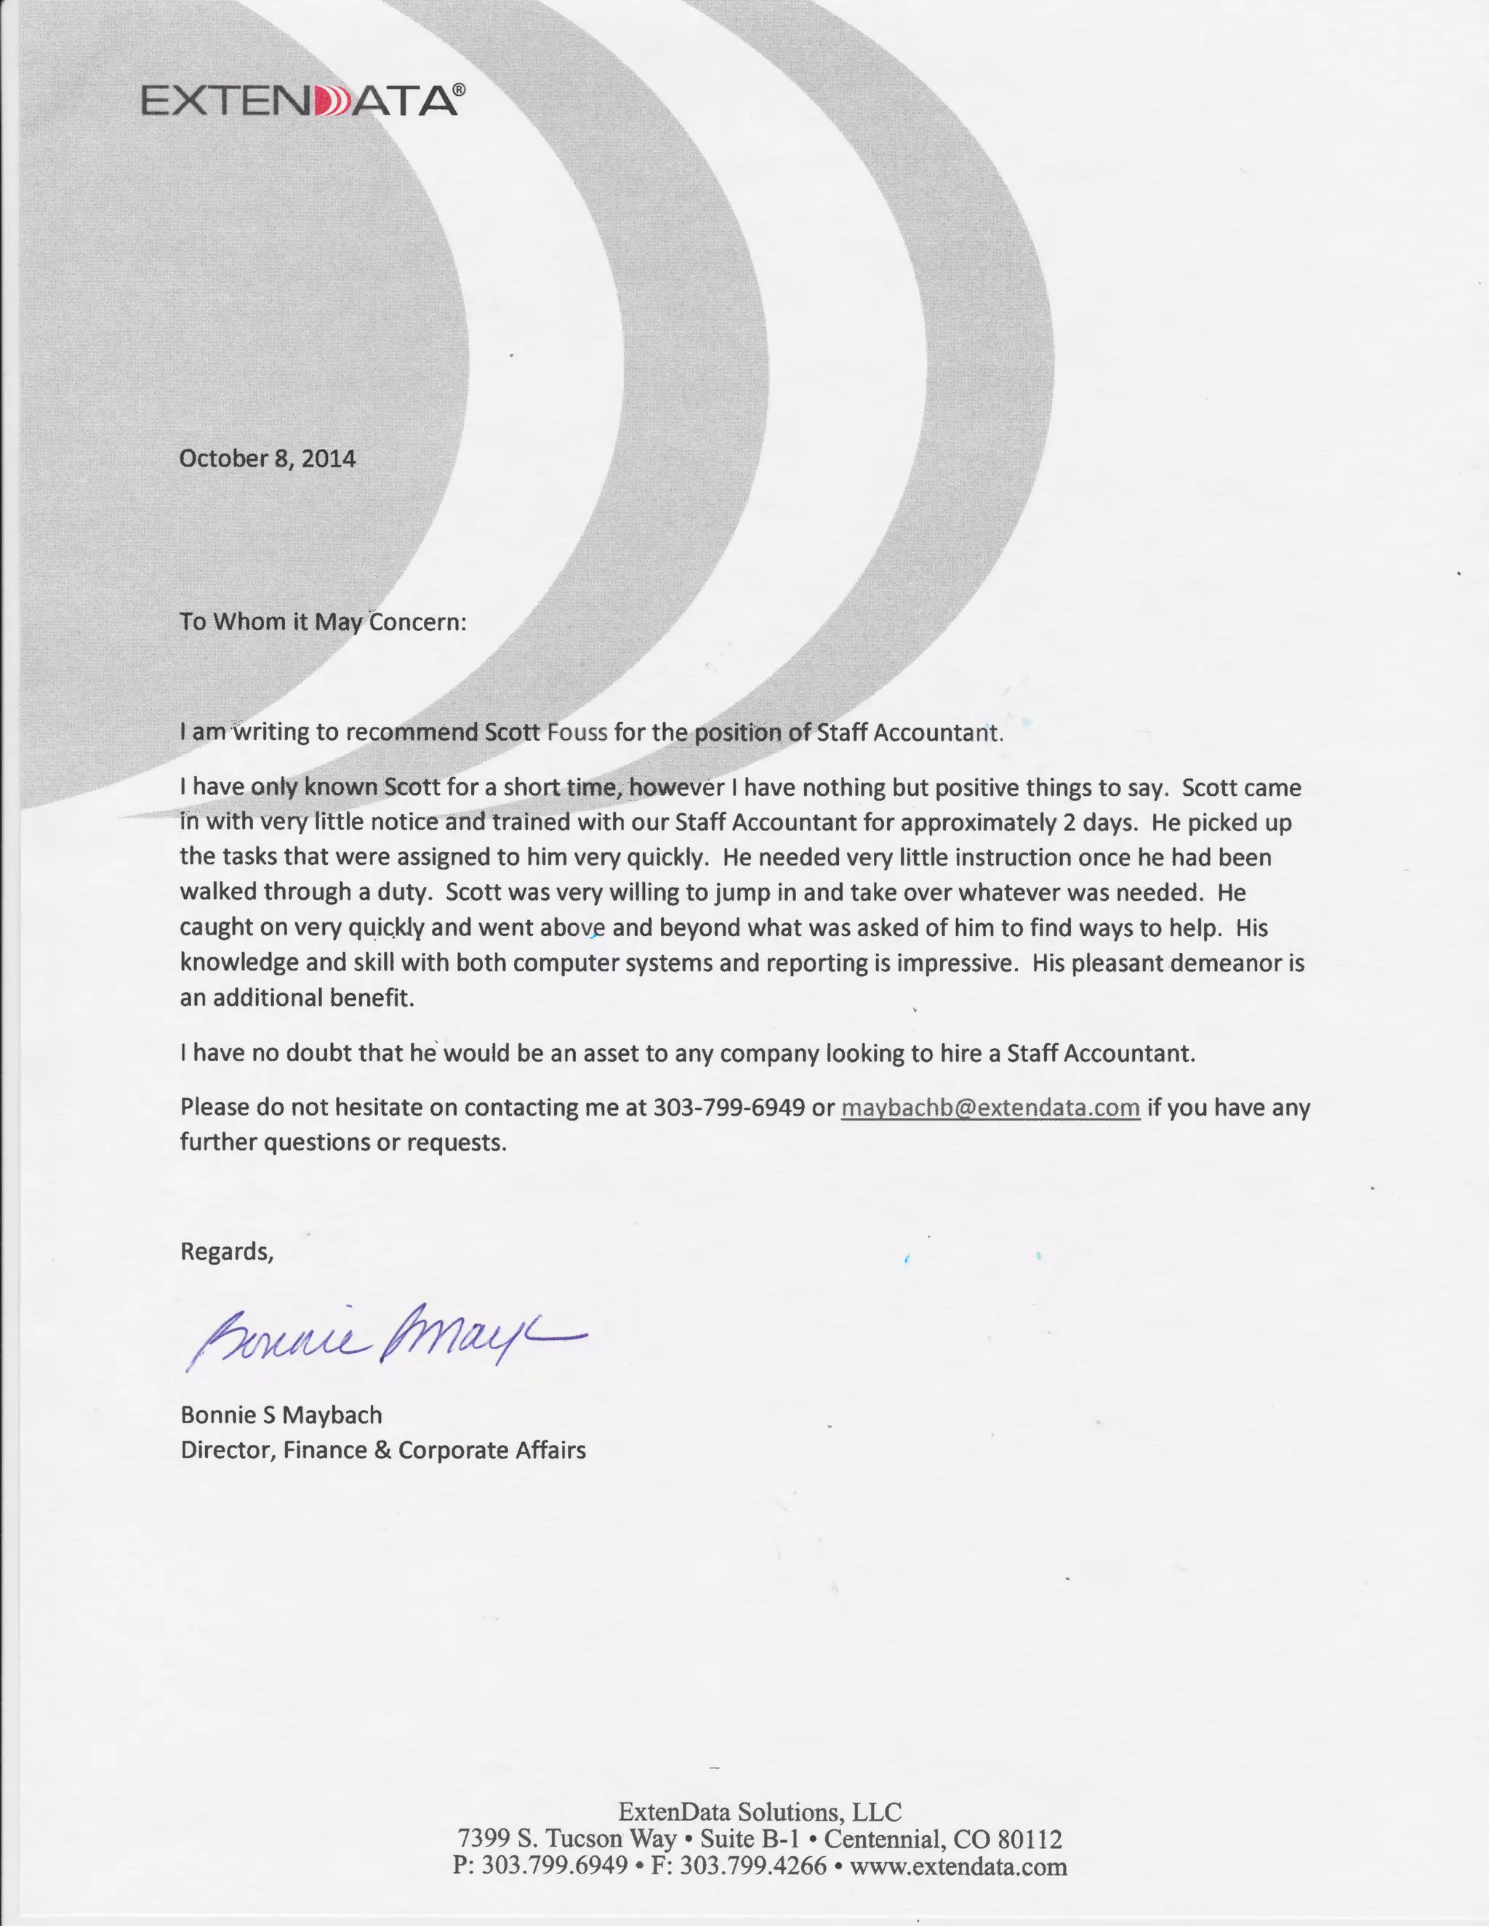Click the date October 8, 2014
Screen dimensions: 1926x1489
(x=268, y=459)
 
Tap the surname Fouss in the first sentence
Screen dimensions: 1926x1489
(x=577, y=733)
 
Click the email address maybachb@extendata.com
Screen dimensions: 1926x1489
(x=990, y=1108)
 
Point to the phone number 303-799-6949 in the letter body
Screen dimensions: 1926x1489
(x=729, y=1108)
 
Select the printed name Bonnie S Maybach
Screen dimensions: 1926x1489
(x=281, y=1415)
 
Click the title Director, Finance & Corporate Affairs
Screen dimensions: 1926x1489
(x=383, y=1451)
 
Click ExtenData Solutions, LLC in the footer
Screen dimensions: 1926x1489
(x=760, y=1811)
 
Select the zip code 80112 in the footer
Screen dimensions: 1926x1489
(x=1030, y=1840)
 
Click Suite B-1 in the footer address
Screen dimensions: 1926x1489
(x=750, y=1840)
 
